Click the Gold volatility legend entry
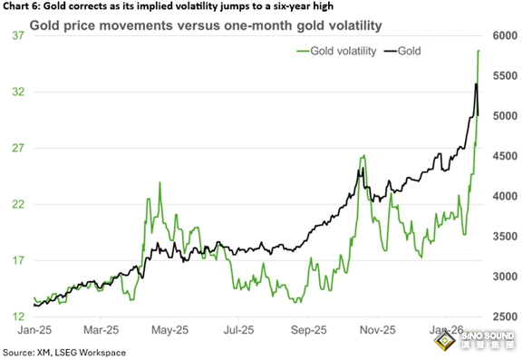[336, 51]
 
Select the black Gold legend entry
[402, 51]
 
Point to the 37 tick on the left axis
[18, 35]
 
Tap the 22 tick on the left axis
[18, 204]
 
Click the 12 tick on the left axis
[18, 316]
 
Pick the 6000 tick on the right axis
[505, 35]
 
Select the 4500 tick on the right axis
[505, 156]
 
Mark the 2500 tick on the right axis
[505, 316]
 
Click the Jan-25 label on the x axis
[34, 330]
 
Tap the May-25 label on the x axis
[169, 330]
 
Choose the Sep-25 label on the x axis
[308, 330]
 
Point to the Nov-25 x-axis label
[378, 330]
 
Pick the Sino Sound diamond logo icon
[445, 340]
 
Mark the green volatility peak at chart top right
[479, 51]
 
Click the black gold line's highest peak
[476, 83]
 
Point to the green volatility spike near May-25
[160, 182]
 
